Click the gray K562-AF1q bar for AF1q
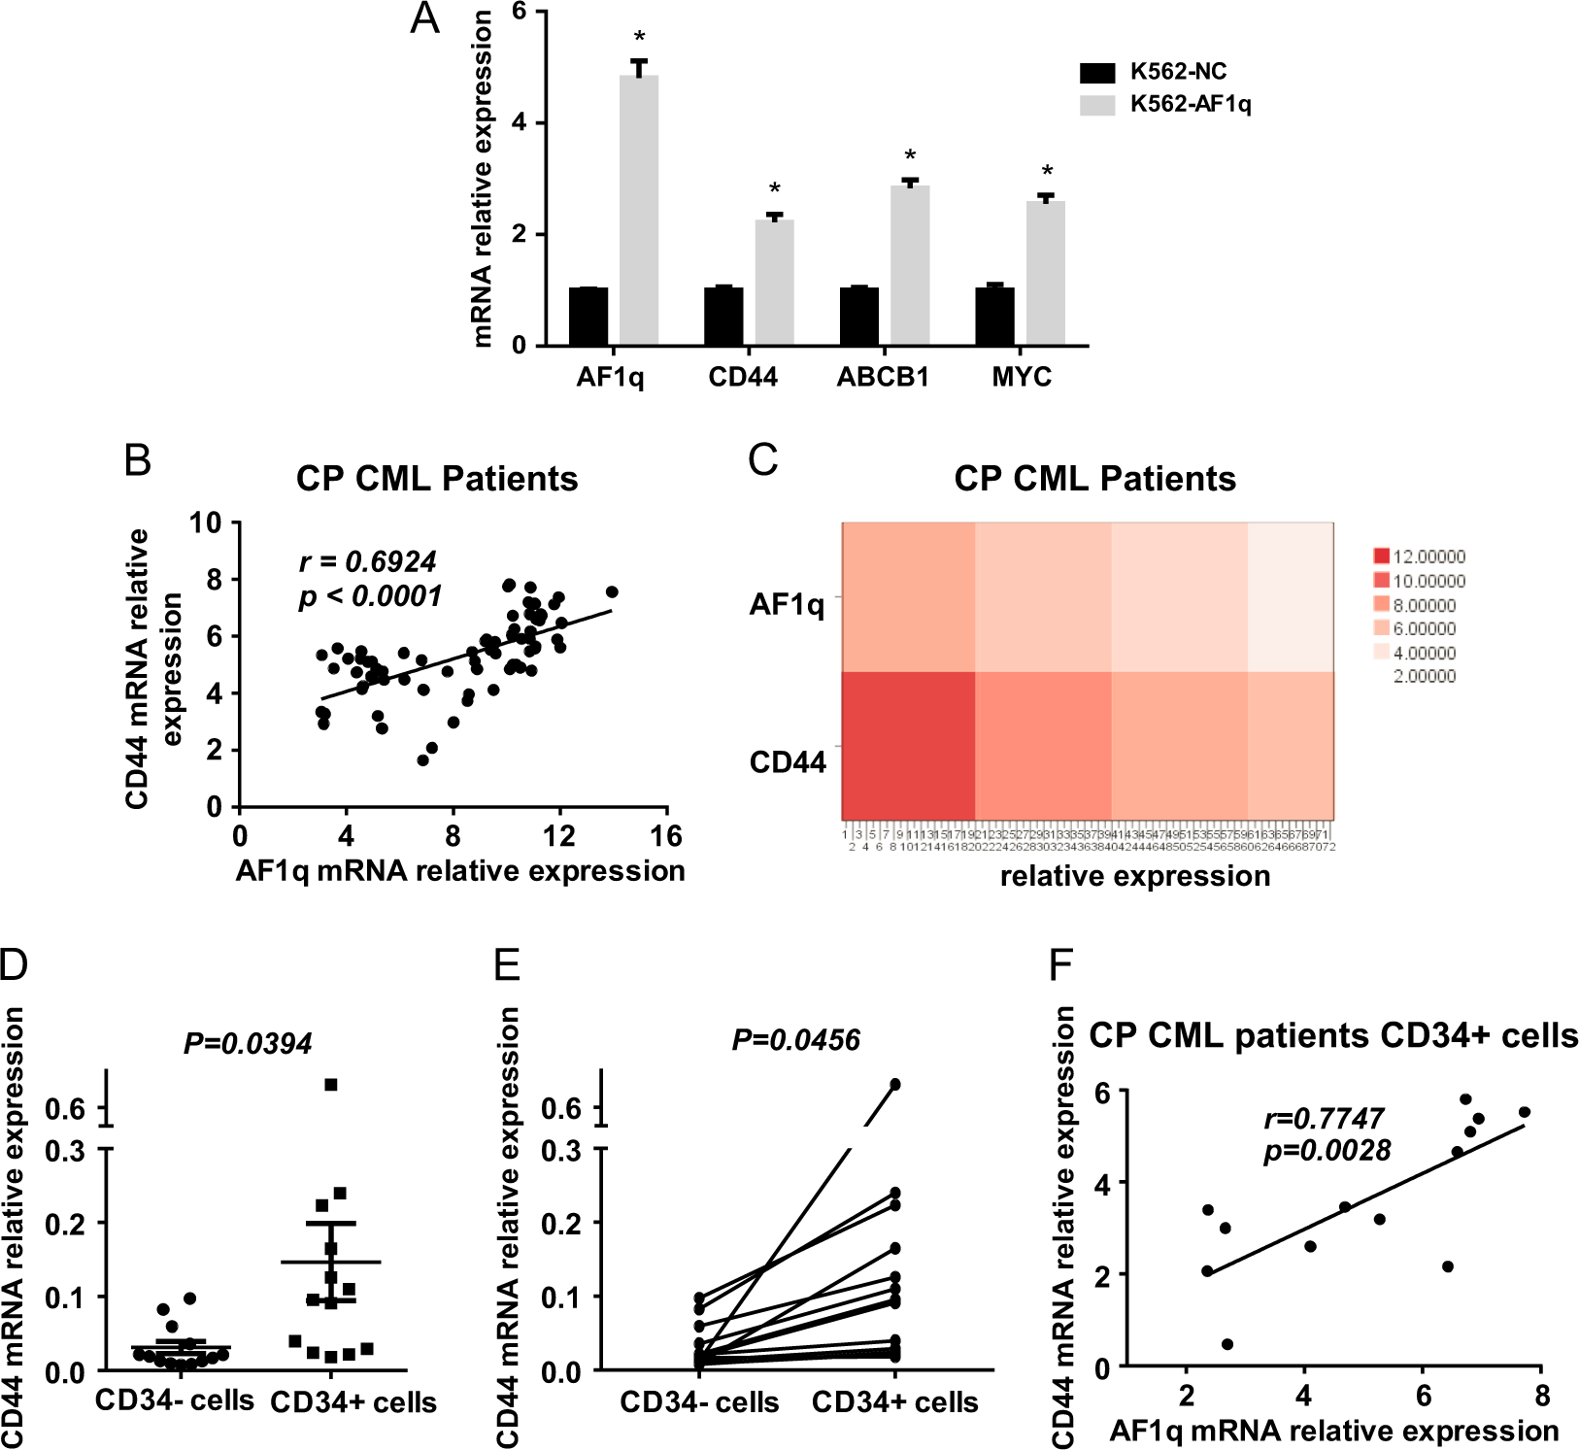click(x=639, y=210)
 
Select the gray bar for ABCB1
click(x=910, y=265)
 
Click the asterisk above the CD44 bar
click(x=774, y=188)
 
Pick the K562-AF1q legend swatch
click(x=1097, y=105)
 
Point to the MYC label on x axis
click(x=1022, y=377)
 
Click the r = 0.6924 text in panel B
click(x=367, y=561)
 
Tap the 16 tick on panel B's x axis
click(x=666, y=836)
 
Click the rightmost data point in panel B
click(x=612, y=592)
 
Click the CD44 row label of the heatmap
click(x=788, y=762)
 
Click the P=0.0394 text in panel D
click(x=248, y=1044)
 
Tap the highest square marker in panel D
click(x=331, y=1085)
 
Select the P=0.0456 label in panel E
click(x=795, y=1041)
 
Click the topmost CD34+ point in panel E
click(x=895, y=1084)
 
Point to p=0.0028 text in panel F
click(x=1327, y=1152)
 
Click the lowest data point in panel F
click(x=1226, y=1344)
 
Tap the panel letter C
click(x=763, y=458)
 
